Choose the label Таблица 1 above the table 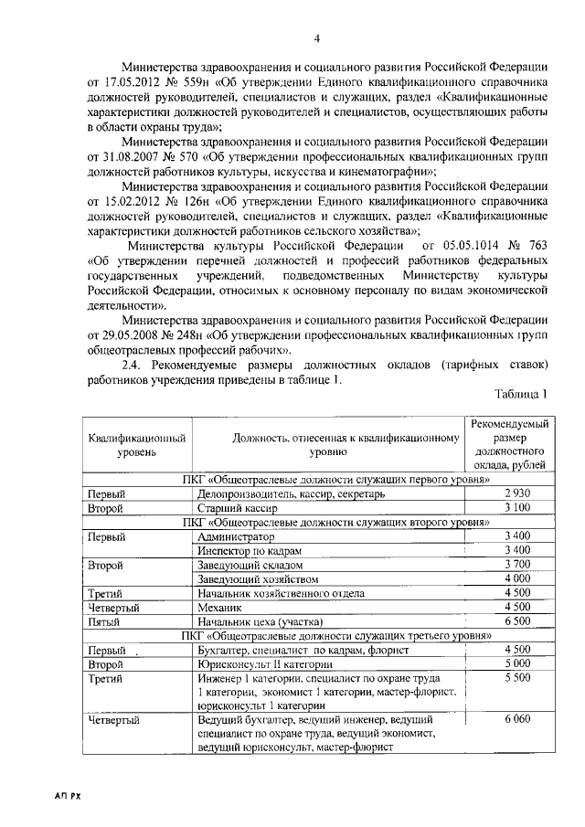click(x=521, y=394)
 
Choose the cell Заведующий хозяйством click(x=258, y=578)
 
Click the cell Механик click(x=219, y=606)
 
